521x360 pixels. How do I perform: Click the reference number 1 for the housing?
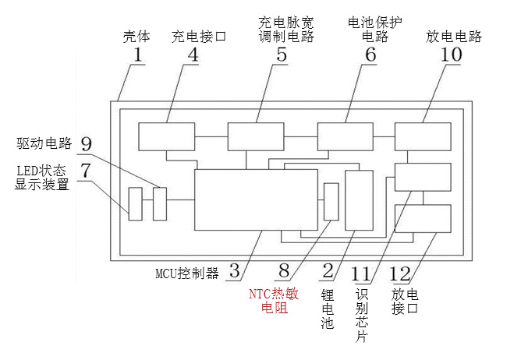click(137, 55)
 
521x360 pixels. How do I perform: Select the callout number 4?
click(192, 55)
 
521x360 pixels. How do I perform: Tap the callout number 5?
click(282, 55)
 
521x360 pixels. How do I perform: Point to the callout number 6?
click(370, 55)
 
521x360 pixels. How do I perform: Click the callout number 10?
click(451, 55)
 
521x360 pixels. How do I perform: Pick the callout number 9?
click(86, 144)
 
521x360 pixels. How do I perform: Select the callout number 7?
click(86, 168)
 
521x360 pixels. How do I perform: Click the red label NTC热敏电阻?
click(268, 301)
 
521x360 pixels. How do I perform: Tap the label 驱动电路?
click(44, 144)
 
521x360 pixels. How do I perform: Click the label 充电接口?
click(198, 37)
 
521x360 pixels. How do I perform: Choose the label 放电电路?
click(454, 37)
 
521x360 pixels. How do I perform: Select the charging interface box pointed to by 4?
click(166, 136)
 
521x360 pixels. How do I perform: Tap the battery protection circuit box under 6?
click(345, 136)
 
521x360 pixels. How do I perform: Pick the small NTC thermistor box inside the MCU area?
click(331, 202)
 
